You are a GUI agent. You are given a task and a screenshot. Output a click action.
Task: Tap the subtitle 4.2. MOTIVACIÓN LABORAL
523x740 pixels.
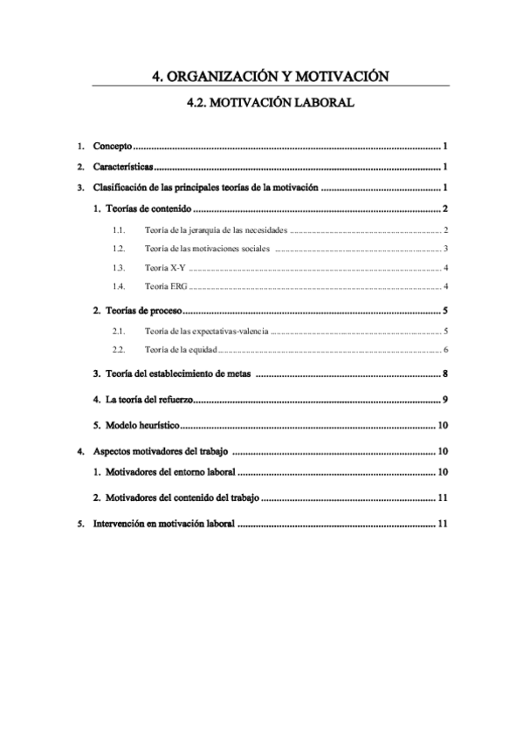tap(270, 103)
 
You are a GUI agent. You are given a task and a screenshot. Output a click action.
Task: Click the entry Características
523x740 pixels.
tap(122, 167)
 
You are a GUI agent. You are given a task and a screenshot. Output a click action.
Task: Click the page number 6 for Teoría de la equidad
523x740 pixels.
tap(445, 351)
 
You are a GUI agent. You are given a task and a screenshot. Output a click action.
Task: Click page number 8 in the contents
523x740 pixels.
tap(445, 374)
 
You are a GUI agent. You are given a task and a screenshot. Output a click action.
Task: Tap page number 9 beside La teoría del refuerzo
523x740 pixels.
tap(445, 400)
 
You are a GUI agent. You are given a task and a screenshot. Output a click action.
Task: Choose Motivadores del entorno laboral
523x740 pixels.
tap(170, 473)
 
